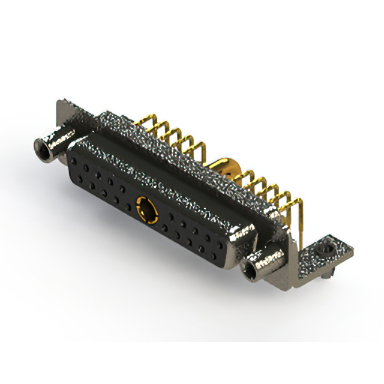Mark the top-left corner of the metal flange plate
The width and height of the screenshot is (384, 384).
click(x=59, y=104)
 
